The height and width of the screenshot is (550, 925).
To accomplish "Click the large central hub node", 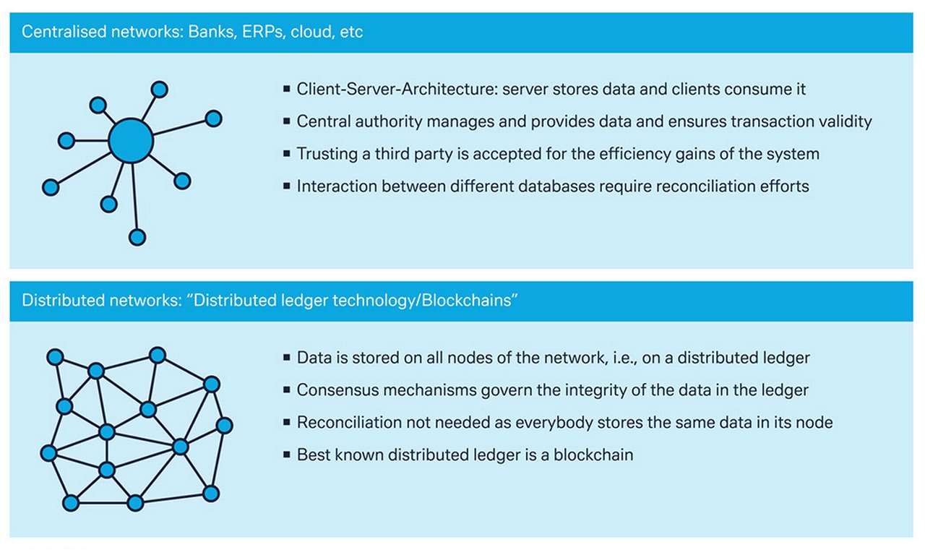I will click(131, 139).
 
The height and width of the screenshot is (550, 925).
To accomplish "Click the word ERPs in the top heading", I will click(258, 33).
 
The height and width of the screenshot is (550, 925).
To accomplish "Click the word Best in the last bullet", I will click(311, 455).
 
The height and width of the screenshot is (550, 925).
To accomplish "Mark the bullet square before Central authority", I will click(287, 121).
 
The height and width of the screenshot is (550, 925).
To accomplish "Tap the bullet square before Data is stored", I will click(287, 358).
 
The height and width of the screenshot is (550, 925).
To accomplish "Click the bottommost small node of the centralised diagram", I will click(137, 237).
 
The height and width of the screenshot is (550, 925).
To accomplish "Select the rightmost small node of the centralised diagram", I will click(213, 119).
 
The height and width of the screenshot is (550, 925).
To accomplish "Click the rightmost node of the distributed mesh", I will click(225, 425).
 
